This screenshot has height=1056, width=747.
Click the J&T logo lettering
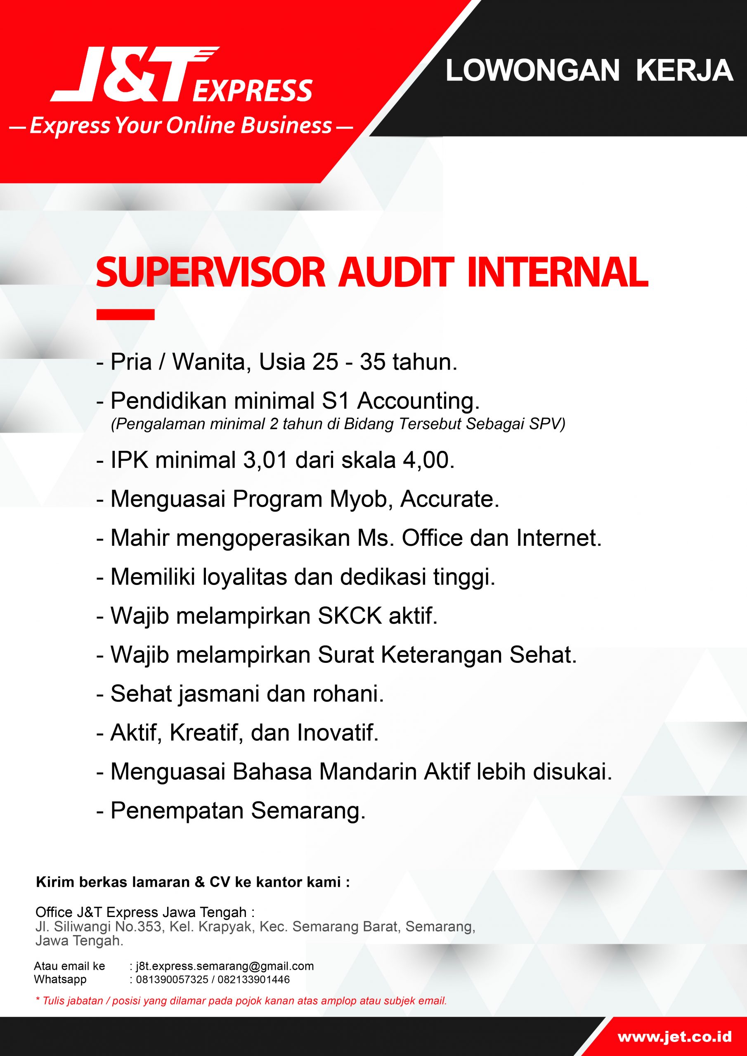133,75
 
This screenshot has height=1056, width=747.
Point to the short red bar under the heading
125,315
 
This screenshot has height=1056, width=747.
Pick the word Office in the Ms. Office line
432,539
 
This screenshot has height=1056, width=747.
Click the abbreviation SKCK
350,616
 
